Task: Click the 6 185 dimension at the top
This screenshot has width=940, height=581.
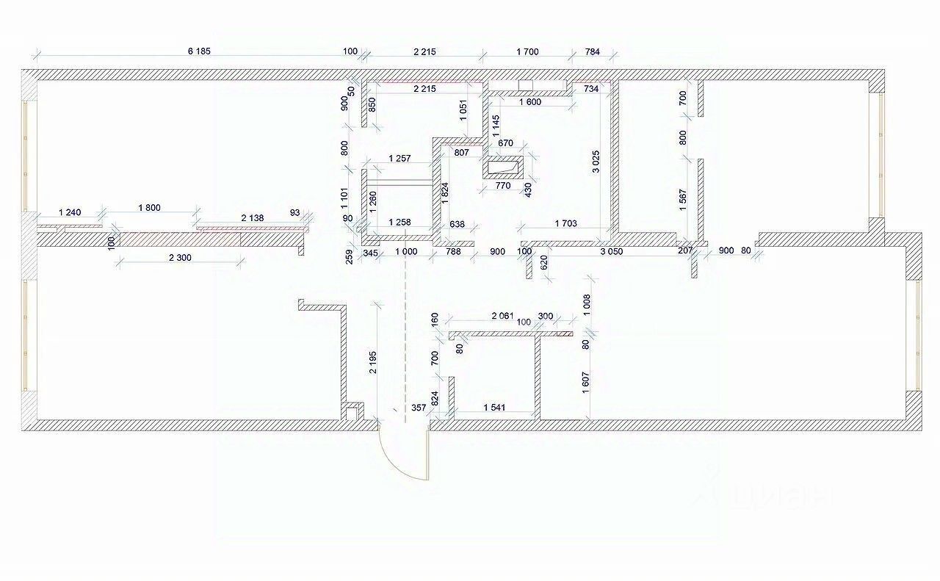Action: point(199,51)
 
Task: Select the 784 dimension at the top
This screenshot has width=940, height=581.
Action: point(593,51)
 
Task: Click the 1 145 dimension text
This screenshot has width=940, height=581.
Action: point(496,126)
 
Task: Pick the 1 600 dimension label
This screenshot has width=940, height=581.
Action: point(529,102)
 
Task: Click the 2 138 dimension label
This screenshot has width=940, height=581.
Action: point(254,218)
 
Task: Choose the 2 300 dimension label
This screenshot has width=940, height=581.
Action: point(180,256)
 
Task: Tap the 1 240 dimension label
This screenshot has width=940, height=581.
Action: point(70,212)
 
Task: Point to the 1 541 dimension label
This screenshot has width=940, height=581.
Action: point(497,407)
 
